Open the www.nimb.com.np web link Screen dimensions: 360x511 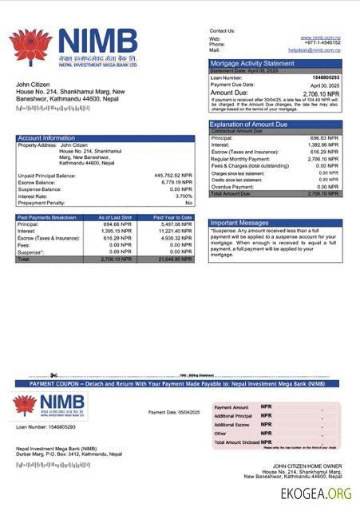tap(322, 38)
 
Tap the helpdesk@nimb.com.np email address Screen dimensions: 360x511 tap(315, 50)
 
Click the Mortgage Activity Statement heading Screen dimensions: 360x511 tap(252, 63)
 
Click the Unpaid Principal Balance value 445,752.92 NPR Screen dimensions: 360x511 tap(173, 175)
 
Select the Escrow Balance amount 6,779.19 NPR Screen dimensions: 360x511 tap(176, 182)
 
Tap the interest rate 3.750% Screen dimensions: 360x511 tap(184, 196)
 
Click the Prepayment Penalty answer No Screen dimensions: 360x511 tap(189, 203)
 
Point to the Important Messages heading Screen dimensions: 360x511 tap(239, 223)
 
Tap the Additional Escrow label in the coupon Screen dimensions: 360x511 tap(233, 425)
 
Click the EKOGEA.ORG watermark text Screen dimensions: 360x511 tap(316, 493)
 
